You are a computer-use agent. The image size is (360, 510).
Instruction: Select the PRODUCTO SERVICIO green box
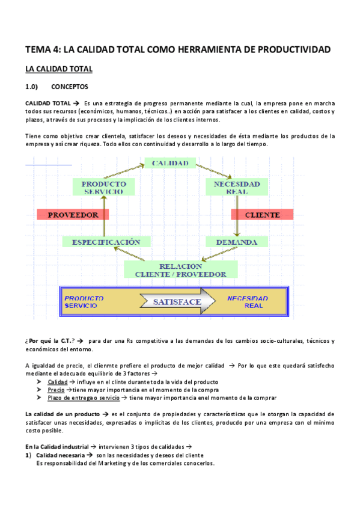(x=103, y=187)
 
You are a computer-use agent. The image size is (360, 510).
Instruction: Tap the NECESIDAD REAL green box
(x=237, y=187)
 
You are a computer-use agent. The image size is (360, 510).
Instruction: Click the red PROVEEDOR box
(x=72, y=215)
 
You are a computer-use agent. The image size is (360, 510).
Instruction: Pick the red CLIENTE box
(x=262, y=215)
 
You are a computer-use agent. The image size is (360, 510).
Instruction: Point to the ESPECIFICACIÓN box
(x=106, y=242)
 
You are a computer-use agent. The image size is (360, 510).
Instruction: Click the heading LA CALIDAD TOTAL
(x=58, y=70)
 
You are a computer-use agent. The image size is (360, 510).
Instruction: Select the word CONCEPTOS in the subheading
(x=70, y=87)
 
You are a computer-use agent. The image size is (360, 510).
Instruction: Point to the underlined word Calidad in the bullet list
(x=58, y=382)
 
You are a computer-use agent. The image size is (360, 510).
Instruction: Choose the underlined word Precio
(x=56, y=390)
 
